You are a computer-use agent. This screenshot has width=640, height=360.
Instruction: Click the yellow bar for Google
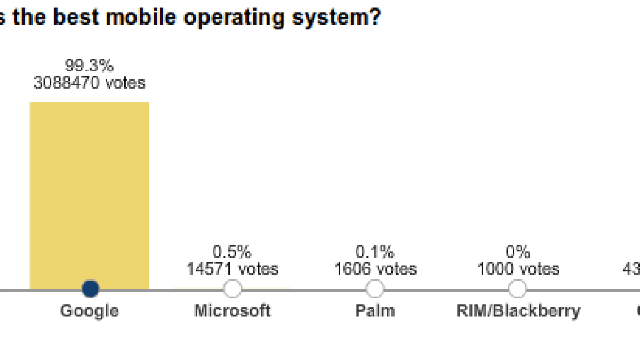(x=89, y=192)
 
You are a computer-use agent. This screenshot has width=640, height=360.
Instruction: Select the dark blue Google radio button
(x=90, y=289)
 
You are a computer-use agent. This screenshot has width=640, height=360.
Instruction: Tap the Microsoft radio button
(x=233, y=289)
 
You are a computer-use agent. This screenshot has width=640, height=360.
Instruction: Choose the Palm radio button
(x=375, y=289)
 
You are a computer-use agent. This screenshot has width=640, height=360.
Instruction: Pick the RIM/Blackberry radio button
(x=517, y=289)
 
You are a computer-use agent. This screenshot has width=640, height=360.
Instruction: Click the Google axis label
(x=90, y=310)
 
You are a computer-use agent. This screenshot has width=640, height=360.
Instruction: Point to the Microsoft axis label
(x=233, y=310)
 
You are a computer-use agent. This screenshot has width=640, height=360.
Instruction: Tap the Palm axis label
(x=375, y=310)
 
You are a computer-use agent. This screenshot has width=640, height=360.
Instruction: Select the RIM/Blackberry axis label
(x=518, y=311)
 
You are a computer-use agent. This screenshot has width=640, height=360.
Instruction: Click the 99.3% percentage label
(x=90, y=66)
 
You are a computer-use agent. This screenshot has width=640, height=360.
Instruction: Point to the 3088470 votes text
(x=90, y=83)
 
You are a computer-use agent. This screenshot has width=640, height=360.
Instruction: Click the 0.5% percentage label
(x=232, y=252)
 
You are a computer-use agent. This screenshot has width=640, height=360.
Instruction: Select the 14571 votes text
(x=232, y=268)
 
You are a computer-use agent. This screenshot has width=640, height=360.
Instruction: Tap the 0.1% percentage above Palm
(x=375, y=252)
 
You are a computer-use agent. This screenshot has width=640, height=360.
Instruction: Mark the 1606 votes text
(x=375, y=268)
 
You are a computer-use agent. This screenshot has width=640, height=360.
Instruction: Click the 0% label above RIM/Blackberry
(x=518, y=252)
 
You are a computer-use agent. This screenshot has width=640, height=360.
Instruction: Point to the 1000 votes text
(x=518, y=268)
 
